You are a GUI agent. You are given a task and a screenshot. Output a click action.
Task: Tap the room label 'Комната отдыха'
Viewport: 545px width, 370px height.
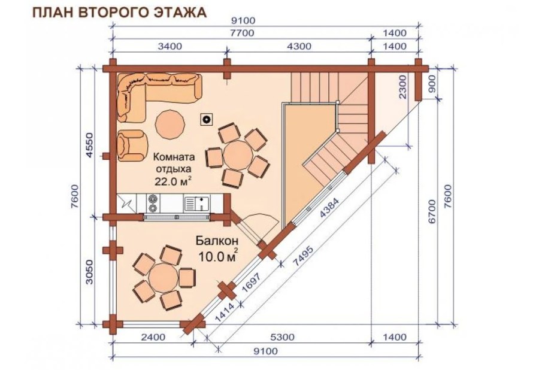coord(174,162)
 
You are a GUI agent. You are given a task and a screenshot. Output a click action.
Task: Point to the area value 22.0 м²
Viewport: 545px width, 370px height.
coord(173,180)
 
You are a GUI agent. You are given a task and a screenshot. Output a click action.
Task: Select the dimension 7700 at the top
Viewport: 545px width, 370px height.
coord(241,34)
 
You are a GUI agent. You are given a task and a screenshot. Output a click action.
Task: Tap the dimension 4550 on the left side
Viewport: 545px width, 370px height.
coord(89,144)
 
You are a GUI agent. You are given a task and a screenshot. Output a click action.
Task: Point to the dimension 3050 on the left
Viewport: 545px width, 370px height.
coord(89,272)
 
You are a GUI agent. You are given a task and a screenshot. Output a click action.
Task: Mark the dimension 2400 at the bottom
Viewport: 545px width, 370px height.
coord(152,337)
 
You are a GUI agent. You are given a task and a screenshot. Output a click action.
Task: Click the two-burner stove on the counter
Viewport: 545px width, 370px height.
coord(152,204)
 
